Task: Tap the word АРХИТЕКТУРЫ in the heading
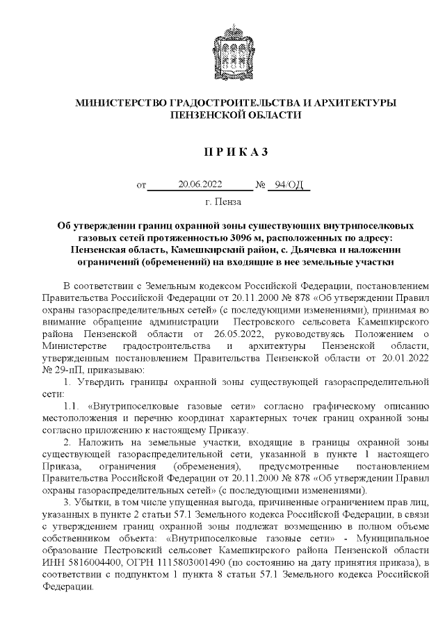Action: [353, 103]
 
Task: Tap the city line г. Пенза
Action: [223, 202]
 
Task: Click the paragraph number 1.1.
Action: [71, 405]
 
